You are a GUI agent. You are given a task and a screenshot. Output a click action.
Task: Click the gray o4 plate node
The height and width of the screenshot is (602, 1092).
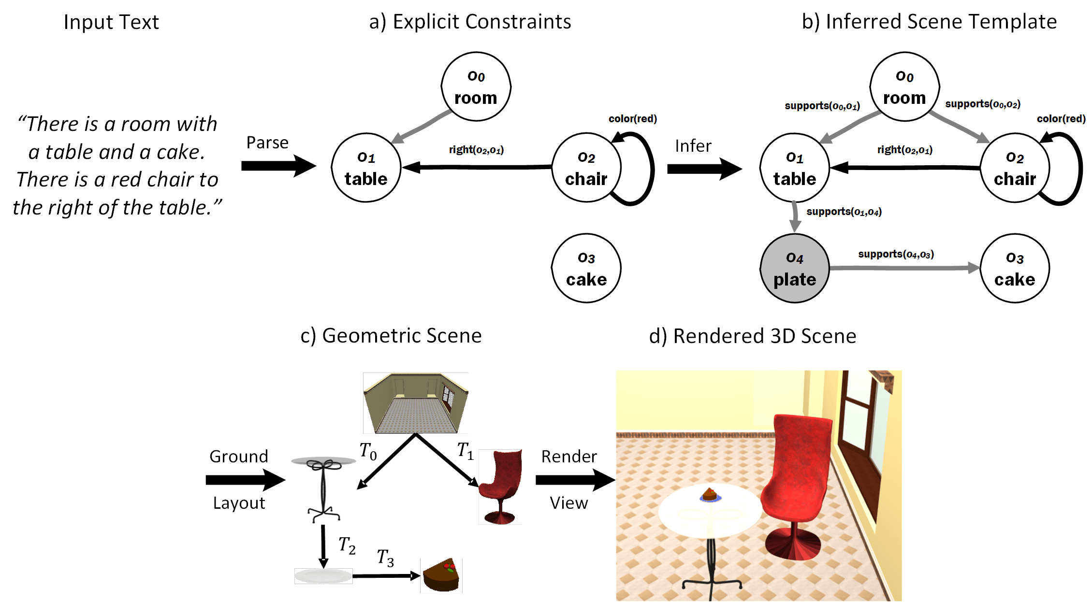click(x=794, y=269)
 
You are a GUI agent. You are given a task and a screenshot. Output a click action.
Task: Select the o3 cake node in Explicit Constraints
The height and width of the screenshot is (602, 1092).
click(x=586, y=269)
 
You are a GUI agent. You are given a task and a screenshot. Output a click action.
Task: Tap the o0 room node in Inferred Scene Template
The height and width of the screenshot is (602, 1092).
click(x=904, y=87)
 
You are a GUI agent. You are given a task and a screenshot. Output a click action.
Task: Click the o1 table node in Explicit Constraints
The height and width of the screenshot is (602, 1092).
click(x=366, y=168)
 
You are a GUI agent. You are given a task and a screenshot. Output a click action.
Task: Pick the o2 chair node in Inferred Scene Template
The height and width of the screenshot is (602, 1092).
click(x=1015, y=168)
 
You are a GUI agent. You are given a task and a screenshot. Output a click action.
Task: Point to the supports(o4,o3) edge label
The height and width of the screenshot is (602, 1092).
click(x=896, y=254)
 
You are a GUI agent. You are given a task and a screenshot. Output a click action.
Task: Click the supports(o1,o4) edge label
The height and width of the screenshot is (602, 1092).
click(x=844, y=212)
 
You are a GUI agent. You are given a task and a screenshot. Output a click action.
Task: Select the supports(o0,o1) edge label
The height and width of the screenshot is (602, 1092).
click(x=822, y=106)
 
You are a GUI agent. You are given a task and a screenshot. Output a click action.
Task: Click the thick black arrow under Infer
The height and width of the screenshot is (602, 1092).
click(x=704, y=169)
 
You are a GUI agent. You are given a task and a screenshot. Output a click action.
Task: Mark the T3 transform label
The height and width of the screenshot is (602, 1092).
click(x=385, y=558)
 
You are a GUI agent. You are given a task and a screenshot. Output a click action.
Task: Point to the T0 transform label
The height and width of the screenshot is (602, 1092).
click(x=368, y=451)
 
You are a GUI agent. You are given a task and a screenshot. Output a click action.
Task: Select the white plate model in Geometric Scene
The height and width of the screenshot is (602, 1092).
click(x=323, y=576)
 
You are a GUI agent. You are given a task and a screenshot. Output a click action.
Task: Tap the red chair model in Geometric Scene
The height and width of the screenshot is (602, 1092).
click(x=500, y=487)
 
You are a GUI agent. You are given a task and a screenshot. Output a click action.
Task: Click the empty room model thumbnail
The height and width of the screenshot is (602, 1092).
click(x=415, y=403)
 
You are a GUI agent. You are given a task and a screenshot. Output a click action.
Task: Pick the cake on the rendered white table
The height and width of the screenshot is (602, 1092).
click(x=710, y=495)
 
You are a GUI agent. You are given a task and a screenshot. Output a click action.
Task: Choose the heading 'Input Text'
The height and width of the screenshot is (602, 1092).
click(x=111, y=22)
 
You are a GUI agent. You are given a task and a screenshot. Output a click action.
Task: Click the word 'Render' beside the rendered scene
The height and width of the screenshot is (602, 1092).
click(x=568, y=457)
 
